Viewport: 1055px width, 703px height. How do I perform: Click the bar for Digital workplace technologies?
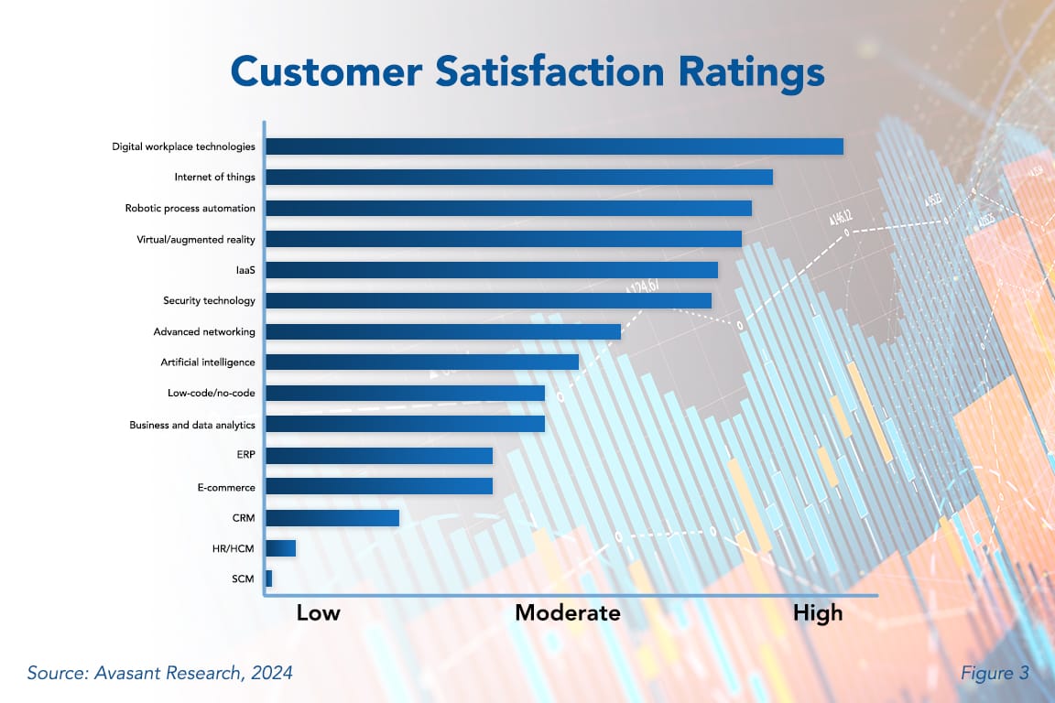point(554,146)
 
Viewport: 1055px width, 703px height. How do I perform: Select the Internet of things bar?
point(519,178)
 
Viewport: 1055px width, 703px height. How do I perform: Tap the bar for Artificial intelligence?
point(422,362)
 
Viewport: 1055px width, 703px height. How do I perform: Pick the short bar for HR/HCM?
point(281,548)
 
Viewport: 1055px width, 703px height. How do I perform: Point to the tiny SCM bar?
point(269,579)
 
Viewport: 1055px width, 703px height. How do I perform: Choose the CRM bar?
point(332,518)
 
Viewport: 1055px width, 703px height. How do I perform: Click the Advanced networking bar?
point(443,331)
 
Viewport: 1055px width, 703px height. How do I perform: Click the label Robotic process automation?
point(190,209)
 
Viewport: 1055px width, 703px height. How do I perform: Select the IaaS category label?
point(245,270)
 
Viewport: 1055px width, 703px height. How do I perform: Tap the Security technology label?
point(209,301)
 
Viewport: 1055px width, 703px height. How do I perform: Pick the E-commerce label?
point(226,487)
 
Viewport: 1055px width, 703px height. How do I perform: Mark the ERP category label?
point(245,456)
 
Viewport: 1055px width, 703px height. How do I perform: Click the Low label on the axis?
point(318,613)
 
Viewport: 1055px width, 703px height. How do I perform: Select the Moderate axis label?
point(567,613)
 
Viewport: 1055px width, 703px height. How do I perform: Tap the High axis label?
point(817,613)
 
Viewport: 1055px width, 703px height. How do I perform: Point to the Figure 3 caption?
point(995,674)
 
